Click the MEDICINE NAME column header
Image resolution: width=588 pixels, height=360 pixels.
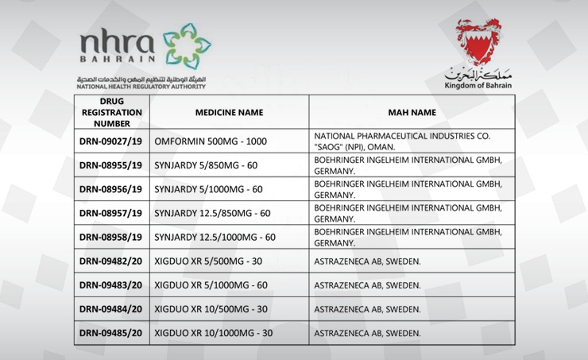229,113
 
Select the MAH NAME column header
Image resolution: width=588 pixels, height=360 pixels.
412,113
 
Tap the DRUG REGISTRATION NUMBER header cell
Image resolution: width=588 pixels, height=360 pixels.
111,113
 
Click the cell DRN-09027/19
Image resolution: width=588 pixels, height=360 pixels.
111,141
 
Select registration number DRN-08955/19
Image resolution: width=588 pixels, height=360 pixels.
111,165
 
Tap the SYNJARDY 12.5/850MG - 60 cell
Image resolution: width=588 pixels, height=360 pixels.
213,213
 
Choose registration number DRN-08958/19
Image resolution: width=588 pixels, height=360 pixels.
111,237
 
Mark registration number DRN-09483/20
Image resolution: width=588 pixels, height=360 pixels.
111,285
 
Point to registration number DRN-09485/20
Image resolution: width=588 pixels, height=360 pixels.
111,333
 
